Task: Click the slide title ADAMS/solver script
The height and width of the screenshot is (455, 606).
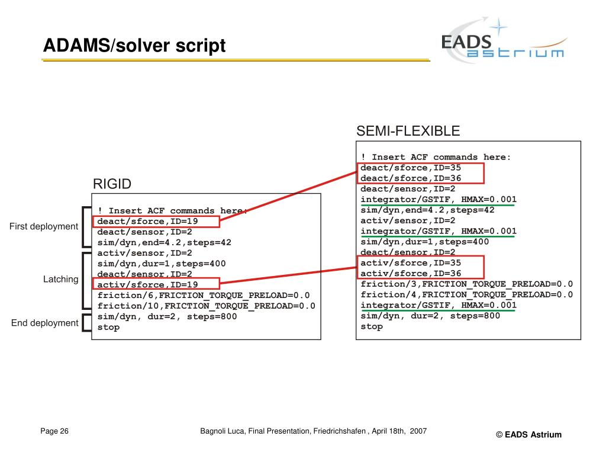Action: click(134, 45)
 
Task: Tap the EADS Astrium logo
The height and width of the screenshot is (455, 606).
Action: click(502, 45)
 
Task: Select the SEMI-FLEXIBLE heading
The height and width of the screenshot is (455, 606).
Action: click(407, 131)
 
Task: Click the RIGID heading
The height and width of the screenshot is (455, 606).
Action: click(112, 184)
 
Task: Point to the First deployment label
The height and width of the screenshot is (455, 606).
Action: click(44, 226)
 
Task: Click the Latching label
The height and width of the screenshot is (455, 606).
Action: click(61, 279)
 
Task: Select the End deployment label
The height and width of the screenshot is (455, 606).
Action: click(45, 323)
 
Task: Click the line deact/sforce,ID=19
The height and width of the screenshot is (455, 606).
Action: click(147, 222)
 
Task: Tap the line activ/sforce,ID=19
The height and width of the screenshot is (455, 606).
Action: click(147, 284)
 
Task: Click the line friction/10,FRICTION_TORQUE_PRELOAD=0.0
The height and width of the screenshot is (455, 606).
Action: click(206, 306)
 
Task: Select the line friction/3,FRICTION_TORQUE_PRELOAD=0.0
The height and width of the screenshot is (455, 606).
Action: click(466, 284)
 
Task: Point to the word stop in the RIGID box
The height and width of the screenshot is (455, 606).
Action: click(108, 327)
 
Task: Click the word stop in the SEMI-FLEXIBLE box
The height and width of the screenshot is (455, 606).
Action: click(372, 326)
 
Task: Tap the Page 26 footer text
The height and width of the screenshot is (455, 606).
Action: click(54, 431)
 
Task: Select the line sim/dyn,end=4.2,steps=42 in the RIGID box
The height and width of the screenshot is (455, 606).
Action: click(164, 242)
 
